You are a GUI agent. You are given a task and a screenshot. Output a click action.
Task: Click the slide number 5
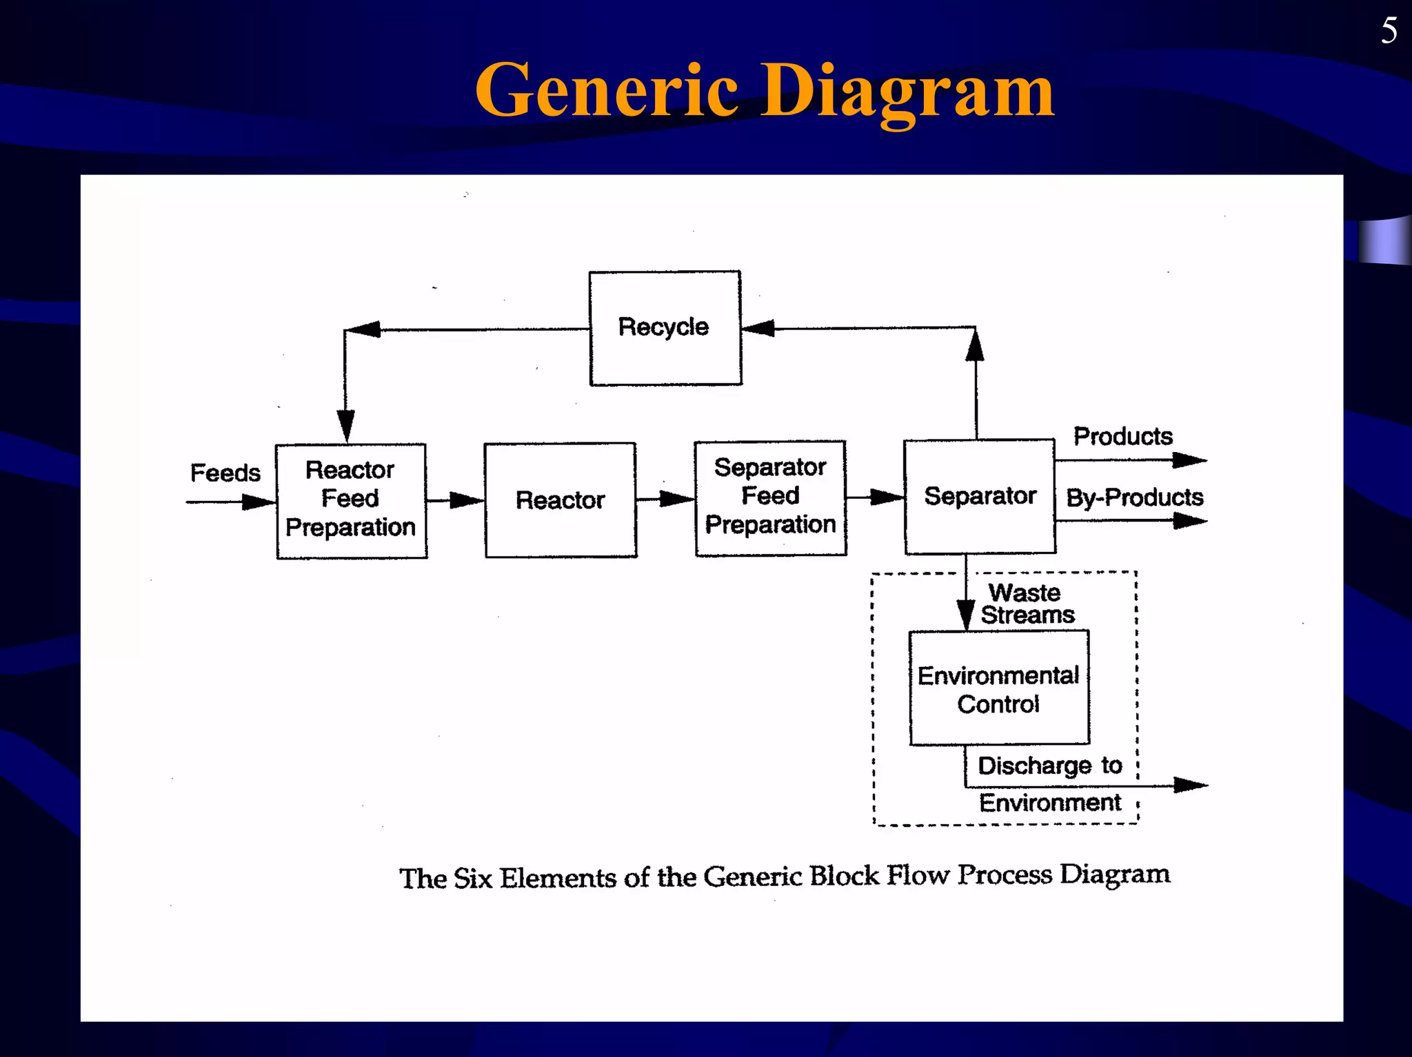point(1389,31)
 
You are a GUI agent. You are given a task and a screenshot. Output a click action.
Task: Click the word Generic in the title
point(607,90)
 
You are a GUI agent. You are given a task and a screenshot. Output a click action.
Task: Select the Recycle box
point(665,328)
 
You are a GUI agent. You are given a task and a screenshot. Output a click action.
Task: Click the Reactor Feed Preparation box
point(352,501)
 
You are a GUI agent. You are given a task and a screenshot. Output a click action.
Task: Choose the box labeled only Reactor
point(561,500)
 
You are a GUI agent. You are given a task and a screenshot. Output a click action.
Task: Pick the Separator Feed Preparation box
point(771,497)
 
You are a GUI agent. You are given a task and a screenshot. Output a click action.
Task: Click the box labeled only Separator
point(980,497)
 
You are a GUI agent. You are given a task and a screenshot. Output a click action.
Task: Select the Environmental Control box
point(999,688)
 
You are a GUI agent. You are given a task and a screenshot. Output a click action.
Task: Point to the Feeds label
point(225,473)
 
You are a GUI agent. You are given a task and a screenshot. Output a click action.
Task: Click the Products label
point(1122,436)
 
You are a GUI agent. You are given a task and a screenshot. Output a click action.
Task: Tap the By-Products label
point(1134,497)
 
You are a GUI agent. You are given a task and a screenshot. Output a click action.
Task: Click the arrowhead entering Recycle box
point(758,328)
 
